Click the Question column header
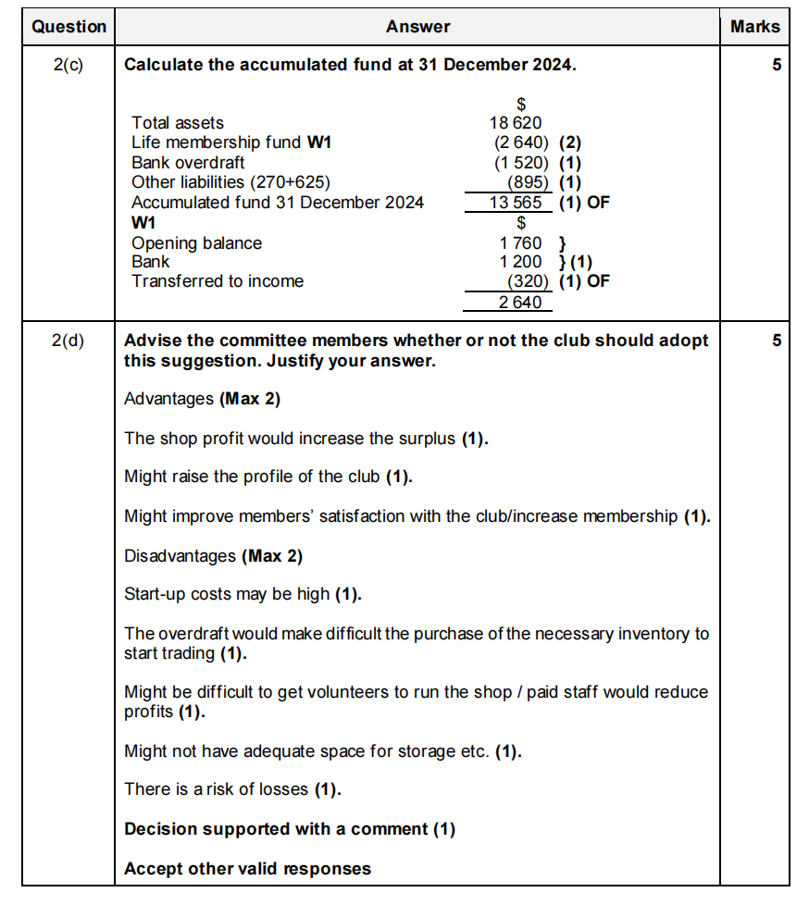tap(68, 27)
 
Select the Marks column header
tap(754, 27)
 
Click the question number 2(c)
tap(68, 65)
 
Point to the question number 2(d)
tap(68, 340)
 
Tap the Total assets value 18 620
tap(516, 122)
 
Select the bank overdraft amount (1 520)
tap(522, 163)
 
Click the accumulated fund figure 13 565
tap(516, 203)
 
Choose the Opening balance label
tap(196, 243)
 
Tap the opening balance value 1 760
tap(520, 243)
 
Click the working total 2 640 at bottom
tap(520, 303)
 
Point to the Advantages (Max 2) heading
tap(202, 399)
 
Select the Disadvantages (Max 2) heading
tap(213, 556)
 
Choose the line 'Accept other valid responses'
tap(247, 868)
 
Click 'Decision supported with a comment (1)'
tap(290, 829)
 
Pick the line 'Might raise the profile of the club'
tap(268, 477)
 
